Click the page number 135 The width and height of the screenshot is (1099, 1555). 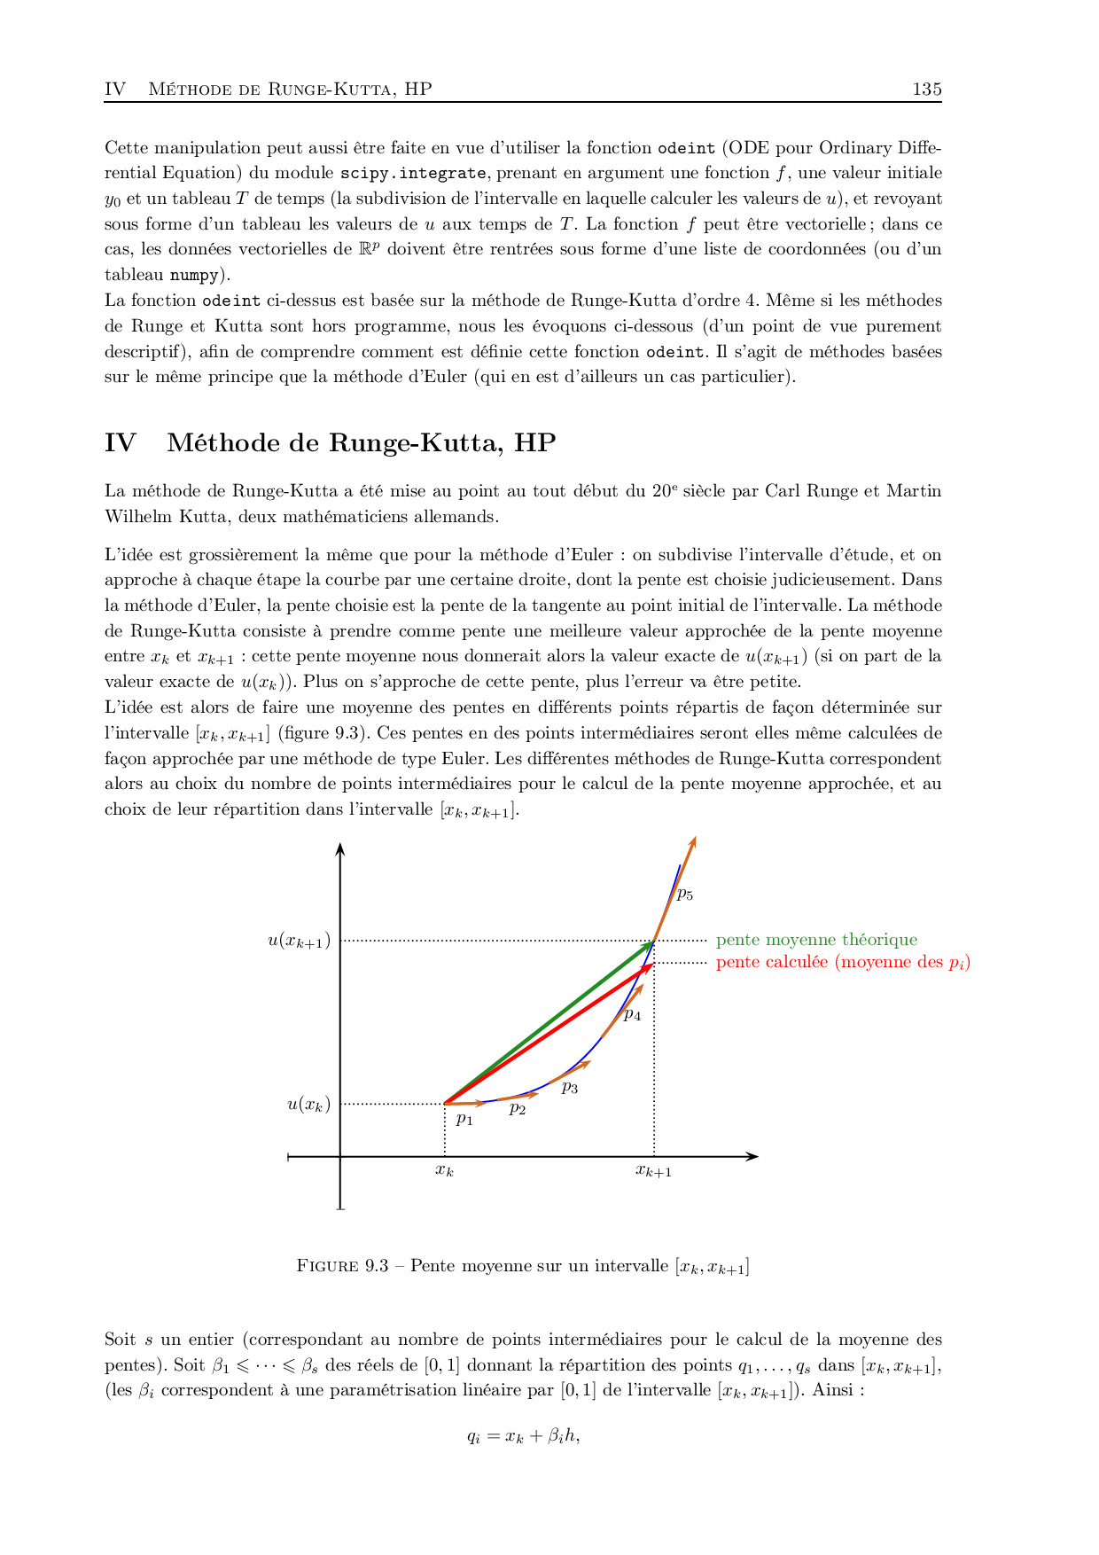[926, 89]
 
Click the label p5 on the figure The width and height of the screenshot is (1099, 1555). [684, 895]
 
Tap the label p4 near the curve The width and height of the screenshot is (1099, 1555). [632, 1015]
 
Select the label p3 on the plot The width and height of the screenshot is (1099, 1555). [569, 1088]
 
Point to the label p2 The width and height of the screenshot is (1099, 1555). [518, 1108]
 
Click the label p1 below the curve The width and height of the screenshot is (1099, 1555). [464, 1120]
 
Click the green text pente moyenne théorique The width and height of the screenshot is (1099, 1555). [816, 940]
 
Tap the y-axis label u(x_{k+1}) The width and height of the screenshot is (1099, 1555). [299, 941]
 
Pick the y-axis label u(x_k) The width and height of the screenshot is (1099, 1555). [308, 1105]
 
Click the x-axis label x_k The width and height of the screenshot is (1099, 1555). [444, 1171]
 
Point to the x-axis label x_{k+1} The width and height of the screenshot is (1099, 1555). [653, 1171]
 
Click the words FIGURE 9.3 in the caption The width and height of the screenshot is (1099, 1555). [342, 1266]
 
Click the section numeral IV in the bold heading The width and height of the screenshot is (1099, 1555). [121, 443]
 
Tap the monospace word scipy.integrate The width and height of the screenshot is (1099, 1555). [413, 174]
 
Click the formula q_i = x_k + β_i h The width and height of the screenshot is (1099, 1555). [523, 1436]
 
